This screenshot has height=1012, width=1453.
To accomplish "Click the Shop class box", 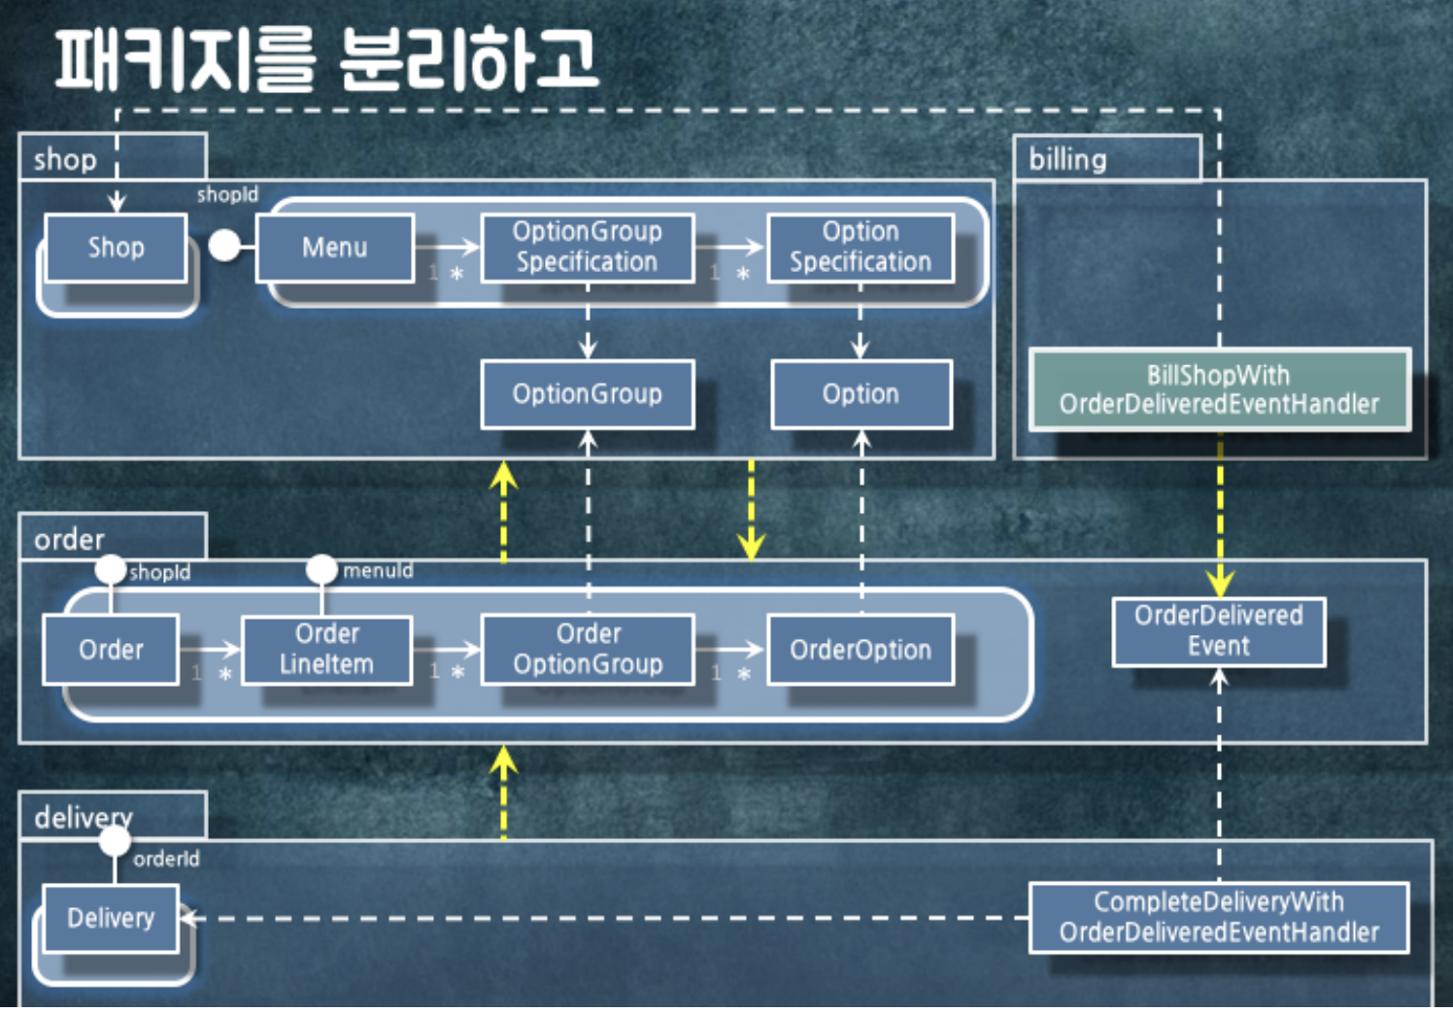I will (116, 248).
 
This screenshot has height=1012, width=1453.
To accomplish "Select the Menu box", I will (335, 248).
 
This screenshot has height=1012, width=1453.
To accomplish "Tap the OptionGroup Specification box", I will (588, 247).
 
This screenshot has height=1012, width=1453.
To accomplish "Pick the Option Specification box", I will (861, 247).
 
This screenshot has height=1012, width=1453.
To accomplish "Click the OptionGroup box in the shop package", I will (588, 393).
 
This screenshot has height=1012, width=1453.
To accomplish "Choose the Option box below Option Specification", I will (861, 393).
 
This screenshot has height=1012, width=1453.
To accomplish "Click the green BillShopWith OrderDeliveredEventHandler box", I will (1219, 389).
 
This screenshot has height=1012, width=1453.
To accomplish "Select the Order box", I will (111, 649).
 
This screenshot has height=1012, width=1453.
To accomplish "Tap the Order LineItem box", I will (326, 649).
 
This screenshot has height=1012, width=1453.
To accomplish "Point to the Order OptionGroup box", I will (588, 649).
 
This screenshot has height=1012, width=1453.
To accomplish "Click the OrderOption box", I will (861, 649).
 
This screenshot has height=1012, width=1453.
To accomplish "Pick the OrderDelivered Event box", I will (1219, 631).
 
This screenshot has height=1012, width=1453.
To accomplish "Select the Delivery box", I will (111, 918).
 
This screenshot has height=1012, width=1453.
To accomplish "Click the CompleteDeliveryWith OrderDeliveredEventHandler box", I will (1219, 917).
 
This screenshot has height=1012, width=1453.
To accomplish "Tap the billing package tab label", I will (1067, 159).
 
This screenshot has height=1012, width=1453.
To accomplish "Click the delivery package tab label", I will (84, 818).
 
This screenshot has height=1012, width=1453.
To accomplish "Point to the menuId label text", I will (378, 571).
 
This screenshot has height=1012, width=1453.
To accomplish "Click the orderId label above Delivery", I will (166, 859).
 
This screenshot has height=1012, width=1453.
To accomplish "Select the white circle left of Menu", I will (224, 246).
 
